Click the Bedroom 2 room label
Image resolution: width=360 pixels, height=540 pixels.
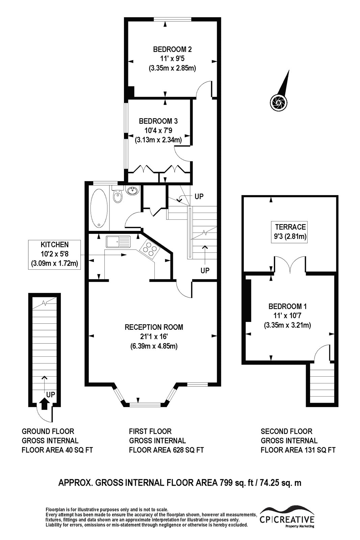(x=172, y=49)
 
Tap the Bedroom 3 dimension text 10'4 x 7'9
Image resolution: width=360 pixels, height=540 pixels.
(x=158, y=130)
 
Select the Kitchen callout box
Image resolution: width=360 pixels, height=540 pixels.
(x=54, y=254)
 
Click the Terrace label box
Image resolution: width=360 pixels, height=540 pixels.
(x=289, y=232)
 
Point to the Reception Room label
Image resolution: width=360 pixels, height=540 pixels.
(x=154, y=327)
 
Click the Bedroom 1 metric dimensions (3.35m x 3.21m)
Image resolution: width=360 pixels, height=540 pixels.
(x=287, y=325)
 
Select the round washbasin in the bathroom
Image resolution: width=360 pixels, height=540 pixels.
(x=132, y=190)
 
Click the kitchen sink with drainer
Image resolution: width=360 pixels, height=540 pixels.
(x=118, y=242)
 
